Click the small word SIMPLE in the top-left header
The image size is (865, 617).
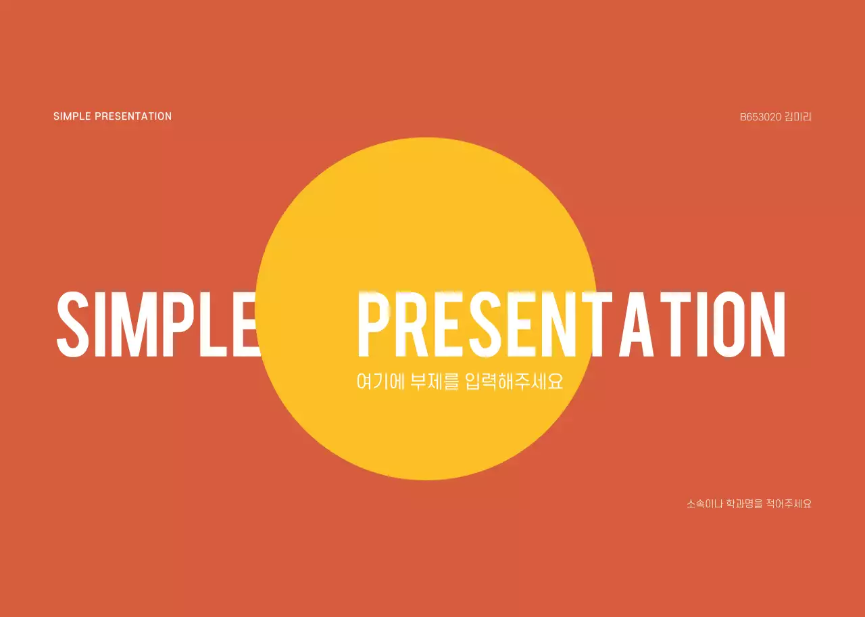[x=72, y=116]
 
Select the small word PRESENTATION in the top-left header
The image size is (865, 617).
[x=133, y=116]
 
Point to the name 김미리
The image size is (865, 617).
[x=798, y=117]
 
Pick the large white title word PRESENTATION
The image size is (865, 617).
[x=572, y=324]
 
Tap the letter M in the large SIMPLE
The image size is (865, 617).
[x=136, y=324]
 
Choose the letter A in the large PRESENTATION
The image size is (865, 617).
[x=636, y=324]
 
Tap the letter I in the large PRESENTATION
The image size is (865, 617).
[x=697, y=324]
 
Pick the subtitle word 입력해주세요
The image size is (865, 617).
[x=514, y=382]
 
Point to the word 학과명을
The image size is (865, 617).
[x=745, y=504]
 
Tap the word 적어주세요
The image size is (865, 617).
[x=789, y=504]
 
